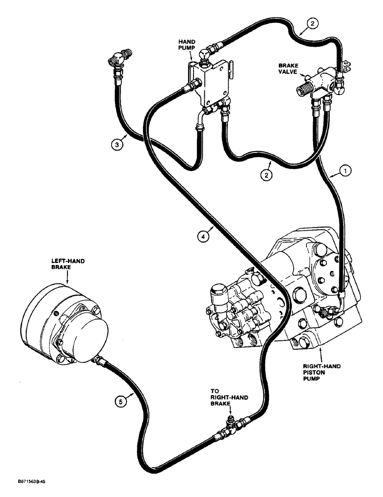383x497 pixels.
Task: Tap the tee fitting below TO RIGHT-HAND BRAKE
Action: [x=231, y=426]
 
